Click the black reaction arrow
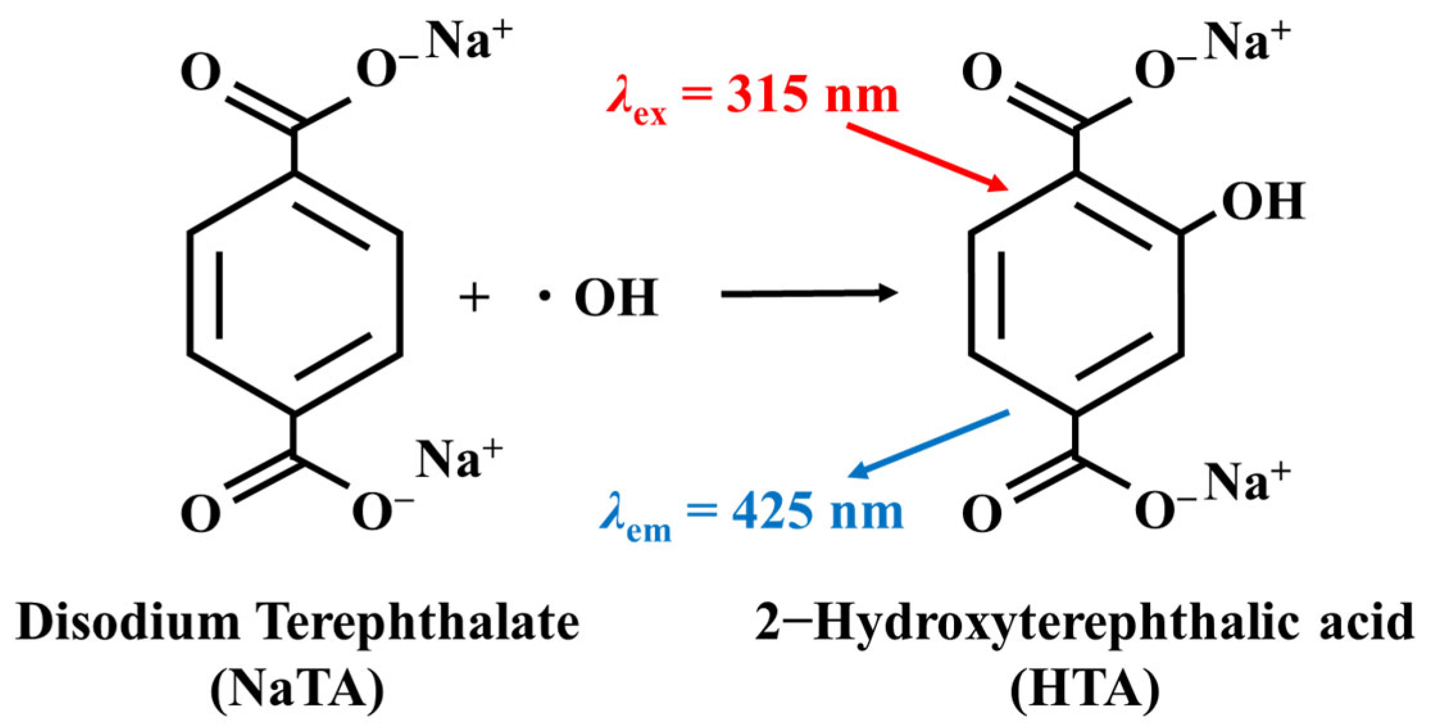coord(808,294)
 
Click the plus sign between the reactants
coord(474,298)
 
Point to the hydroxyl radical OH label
coord(615,298)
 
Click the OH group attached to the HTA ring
coord(1263,201)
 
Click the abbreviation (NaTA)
coord(297,689)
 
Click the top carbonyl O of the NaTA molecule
coord(200,73)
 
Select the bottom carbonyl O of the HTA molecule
coord(982,514)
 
